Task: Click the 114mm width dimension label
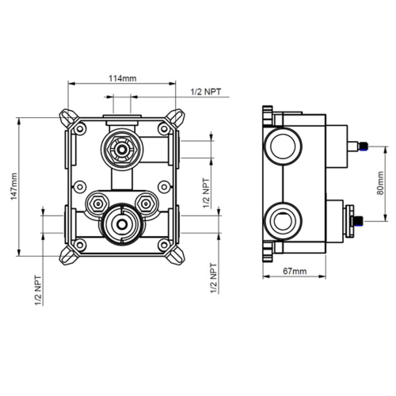(x=121, y=78)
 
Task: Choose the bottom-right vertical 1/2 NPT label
(x=213, y=279)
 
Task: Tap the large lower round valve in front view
(x=121, y=226)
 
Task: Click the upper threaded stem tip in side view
(x=363, y=146)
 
